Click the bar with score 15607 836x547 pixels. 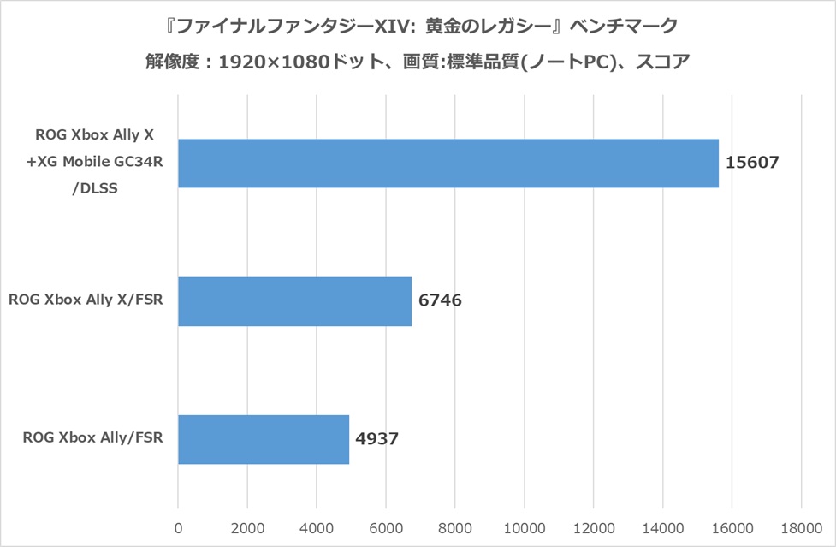click(x=448, y=163)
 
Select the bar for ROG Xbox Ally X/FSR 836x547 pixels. click(x=294, y=301)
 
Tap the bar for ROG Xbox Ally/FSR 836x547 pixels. click(x=264, y=439)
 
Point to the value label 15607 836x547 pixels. click(x=752, y=163)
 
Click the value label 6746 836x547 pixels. click(x=441, y=301)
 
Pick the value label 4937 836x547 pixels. click(x=378, y=439)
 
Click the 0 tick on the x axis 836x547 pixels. click(x=178, y=527)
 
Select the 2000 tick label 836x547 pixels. click(x=246, y=527)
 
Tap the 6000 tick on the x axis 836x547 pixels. click(x=385, y=527)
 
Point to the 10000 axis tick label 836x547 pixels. click(x=524, y=527)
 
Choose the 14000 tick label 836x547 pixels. click(x=662, y=527)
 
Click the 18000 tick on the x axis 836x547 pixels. click(x=801, y=527)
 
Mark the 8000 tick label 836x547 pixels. click(x=454, y=527)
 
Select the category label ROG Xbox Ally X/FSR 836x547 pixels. click(x=86, y=301)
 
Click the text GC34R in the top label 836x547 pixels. click(x=139, y=163)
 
